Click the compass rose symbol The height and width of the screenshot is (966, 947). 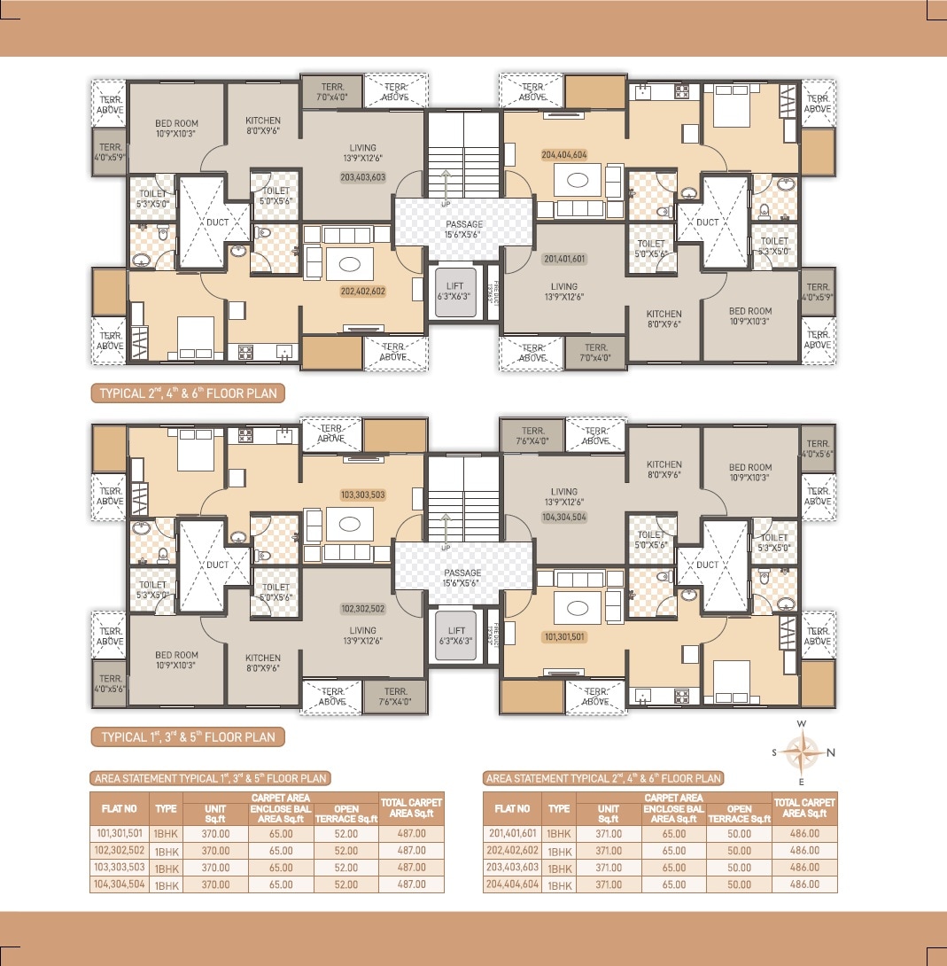click(x=802, y=752)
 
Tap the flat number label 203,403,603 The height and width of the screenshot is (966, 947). click(x=362, y=177)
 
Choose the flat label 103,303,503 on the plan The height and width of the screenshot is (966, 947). click(x=362, y=495)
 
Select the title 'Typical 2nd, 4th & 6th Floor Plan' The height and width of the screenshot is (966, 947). click(x=187, y=391)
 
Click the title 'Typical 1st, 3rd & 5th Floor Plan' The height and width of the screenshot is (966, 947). click(x=188, y=736)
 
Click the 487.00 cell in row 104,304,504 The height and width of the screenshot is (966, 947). click(x=411, y=884)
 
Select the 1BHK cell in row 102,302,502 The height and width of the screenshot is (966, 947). click(x=167, y=851)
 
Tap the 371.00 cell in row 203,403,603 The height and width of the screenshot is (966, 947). click(x=609, y=868)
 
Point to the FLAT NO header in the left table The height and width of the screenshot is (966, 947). click(x=119, y=808)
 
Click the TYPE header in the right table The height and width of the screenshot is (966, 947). click(x=559, y=808)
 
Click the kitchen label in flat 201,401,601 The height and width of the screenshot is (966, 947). click(x=664, y=319)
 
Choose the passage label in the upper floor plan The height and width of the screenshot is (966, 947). click(x=463, y=230)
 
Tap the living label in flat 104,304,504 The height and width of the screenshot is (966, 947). click(x=563, y=496)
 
